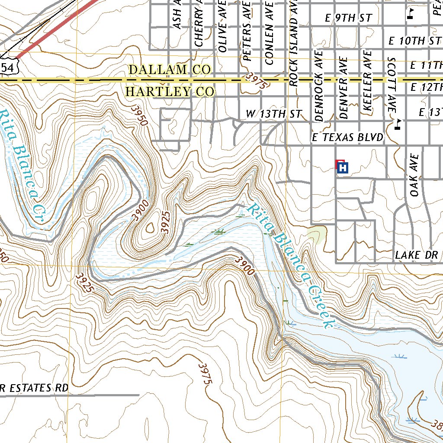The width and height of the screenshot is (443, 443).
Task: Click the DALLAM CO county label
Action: (170, 69)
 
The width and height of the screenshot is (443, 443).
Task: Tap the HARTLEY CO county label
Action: (170, 92)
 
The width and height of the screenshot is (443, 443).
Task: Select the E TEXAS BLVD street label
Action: (348, 138)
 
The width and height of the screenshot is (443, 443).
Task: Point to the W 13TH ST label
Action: (273, 114)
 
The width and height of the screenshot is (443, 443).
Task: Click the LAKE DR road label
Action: (416, 255)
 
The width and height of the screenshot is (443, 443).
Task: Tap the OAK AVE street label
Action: (415, 175)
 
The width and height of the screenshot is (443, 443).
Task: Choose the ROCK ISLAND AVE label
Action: (294, 43)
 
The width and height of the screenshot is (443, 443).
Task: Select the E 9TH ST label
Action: (349, 18)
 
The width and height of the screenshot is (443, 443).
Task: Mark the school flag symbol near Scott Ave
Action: (398, 125)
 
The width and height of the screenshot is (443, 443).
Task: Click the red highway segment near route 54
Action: (56, 28)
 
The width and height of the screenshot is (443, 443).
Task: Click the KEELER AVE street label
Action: (368, 82)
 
